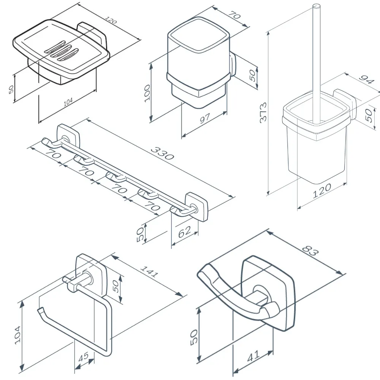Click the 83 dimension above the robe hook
point(311,251)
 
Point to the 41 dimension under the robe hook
point(253,356)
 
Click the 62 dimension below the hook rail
point(184,231)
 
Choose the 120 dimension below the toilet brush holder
point(322,191)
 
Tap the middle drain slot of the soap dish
point(62,53)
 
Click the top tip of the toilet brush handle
point(316,6)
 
